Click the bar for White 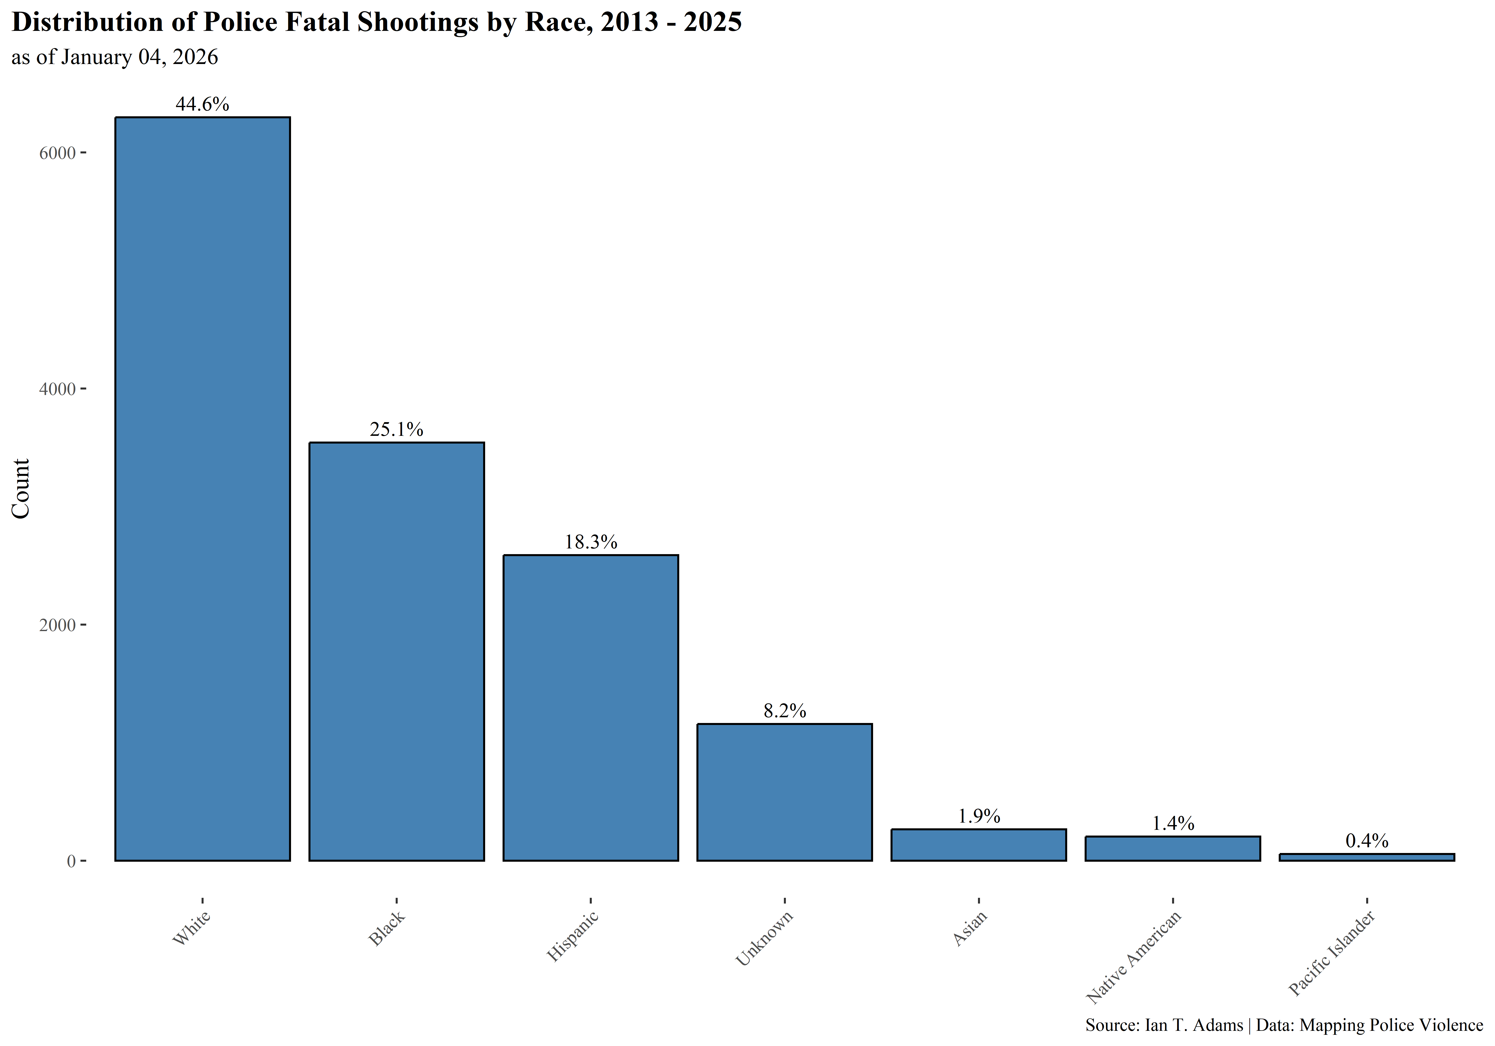click(x=203, y=488)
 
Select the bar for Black click(x=396, y=651)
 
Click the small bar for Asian click(x=979, y=845)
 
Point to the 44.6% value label click(x=203, y=104)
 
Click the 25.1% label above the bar click(x=396, y=430)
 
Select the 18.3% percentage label click(x=591, y=542)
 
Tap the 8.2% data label click(x=785, y=711)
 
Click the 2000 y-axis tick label click(x=57, y=625)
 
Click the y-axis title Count click(x=21, y=488)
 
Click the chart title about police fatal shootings click(x=376, y=22)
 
